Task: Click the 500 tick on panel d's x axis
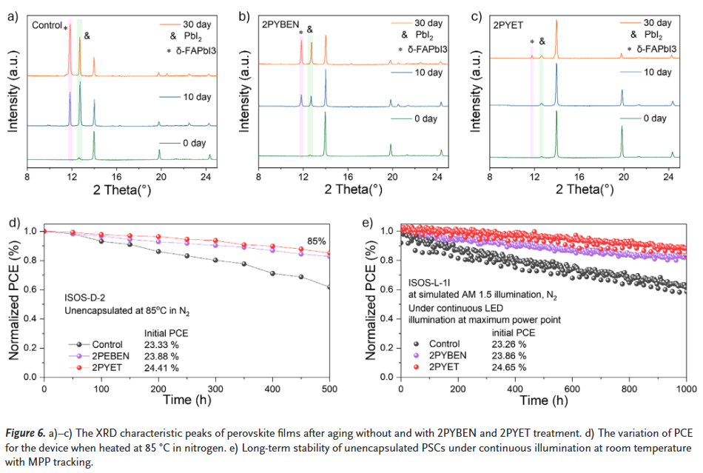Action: pos(329,389)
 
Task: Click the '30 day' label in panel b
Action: pos(428,23)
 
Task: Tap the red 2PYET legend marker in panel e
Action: pos(416,366)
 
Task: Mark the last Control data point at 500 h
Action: pos(330,287)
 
